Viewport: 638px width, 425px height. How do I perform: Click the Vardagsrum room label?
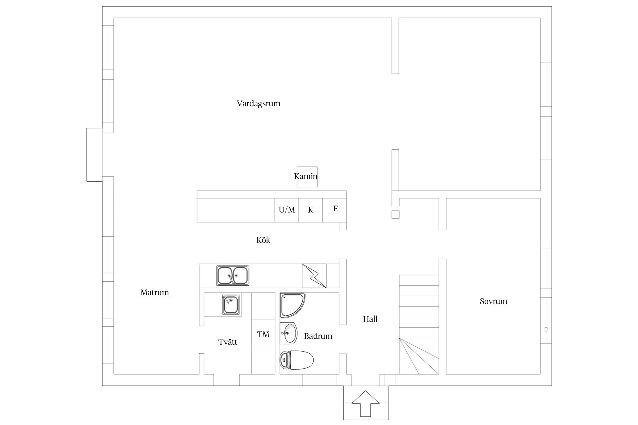tap(258, 104)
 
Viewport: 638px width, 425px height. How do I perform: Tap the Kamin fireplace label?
tap(306, 176)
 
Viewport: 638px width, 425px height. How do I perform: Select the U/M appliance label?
tap(287, 210)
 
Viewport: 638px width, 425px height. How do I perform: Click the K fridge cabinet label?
tap(310, 210)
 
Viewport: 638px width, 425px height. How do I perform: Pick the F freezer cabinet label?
tap(335, 209)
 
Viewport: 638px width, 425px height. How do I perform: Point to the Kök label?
tap(263, 240)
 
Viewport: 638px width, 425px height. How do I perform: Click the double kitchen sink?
tap(233, 275)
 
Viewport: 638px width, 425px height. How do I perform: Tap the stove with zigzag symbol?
tap(314, 276)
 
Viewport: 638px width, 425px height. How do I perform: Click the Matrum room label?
tap(155, 292)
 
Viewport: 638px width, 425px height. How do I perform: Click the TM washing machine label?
tap(263, 335)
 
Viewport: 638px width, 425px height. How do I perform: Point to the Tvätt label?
tap(228, 342)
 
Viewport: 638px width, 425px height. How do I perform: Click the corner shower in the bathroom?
tap(292, 305)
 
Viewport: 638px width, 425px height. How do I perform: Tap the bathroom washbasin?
tap(288, 333)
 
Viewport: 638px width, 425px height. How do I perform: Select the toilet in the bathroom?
tap(296, 360)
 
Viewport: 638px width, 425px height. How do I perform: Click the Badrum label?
tap(318, 336)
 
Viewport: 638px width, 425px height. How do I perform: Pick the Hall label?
tap(370, 319)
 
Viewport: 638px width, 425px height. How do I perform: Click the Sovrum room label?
tap(493, 301)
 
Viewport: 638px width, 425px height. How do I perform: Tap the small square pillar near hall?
tap(395, 214)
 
